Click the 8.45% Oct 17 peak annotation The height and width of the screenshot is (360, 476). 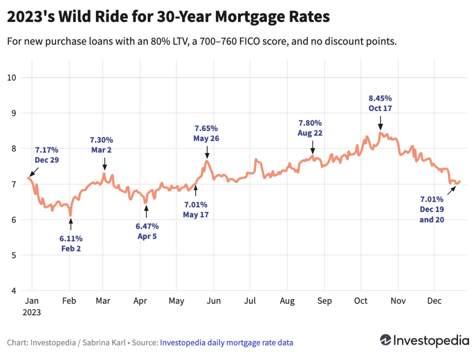380,103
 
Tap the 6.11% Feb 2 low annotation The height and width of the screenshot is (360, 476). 71,243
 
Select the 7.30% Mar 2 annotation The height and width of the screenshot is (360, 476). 101,145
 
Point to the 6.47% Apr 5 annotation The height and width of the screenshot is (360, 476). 147,231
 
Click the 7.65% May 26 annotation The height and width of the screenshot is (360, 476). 206,133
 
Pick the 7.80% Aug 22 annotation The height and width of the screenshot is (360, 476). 310,128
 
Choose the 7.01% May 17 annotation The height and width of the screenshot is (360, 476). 196,209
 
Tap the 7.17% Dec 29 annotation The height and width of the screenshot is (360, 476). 46,154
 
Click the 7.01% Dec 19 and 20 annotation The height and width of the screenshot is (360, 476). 432,209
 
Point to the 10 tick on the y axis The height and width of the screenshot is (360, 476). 13,77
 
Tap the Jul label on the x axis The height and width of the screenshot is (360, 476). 250,301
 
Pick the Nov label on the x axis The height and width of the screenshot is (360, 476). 397,301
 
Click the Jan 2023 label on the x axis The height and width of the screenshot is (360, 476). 31,307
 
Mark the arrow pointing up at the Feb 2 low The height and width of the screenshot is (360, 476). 71,224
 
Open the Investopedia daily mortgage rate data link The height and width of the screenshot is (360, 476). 226,343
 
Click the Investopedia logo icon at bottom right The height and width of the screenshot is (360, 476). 385,340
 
